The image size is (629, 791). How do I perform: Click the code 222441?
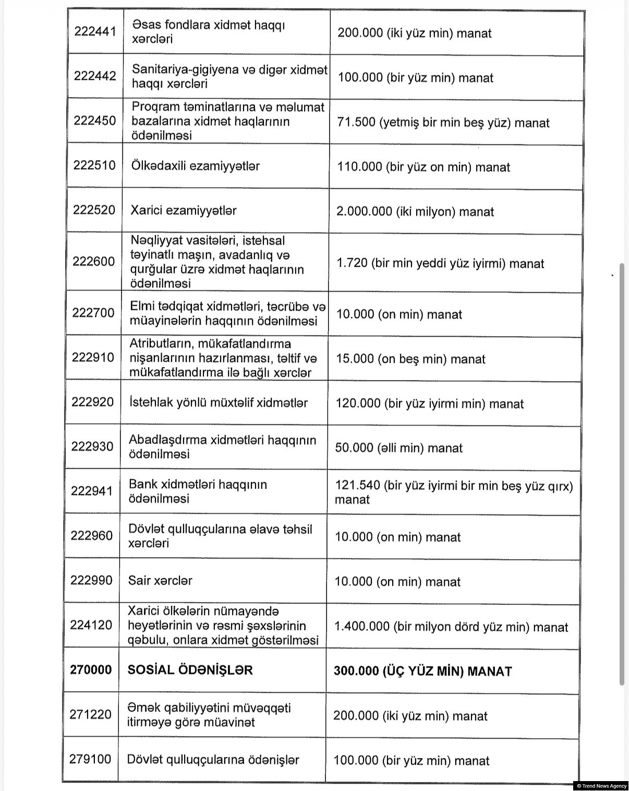coord(95,32)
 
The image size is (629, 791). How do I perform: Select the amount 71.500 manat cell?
coord(443,123)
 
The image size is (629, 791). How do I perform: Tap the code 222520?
coord(94,210)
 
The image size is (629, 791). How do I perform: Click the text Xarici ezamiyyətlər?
coord(183,210)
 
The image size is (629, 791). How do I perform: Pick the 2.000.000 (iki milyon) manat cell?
coord(415,211)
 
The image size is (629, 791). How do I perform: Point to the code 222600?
coord(93,261)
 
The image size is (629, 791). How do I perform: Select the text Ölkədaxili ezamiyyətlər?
coord(195,166)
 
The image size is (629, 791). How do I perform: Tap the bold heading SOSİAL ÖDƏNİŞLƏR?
coord(190,670)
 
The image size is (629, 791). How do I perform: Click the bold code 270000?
coord(91,670)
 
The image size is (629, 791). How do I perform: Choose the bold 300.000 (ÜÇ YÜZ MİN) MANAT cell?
coord(422,671)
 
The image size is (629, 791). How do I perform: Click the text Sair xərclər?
coord(160,581)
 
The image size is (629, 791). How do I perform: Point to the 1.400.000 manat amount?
coord(451,627)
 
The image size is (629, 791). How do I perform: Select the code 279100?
coord(90,759)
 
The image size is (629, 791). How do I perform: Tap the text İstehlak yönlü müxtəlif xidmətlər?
coord(218,403)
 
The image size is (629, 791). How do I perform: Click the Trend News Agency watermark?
coord(601,786)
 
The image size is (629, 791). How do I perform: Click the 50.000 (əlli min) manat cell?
coord(398,448)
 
